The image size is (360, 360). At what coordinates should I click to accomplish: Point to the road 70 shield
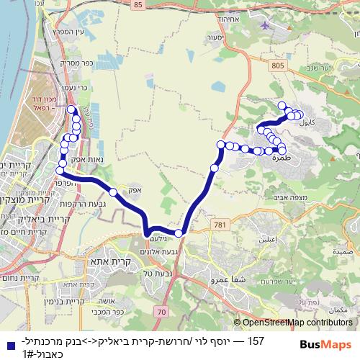(x=160, y=311)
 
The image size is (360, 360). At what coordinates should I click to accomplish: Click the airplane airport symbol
(x=269, y=25)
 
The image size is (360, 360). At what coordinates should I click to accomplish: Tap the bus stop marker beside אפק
(x=113, y=192)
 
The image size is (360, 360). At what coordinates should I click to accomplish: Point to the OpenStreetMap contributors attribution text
(x=297, y=323)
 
